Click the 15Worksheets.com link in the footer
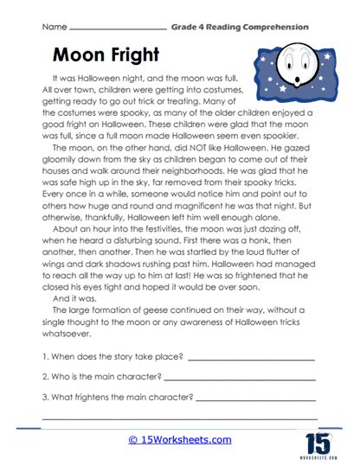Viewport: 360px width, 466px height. [x=179, y=439]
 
